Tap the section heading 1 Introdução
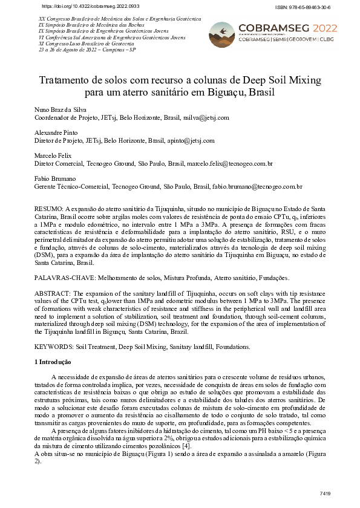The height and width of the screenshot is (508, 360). [x=52, y=362]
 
